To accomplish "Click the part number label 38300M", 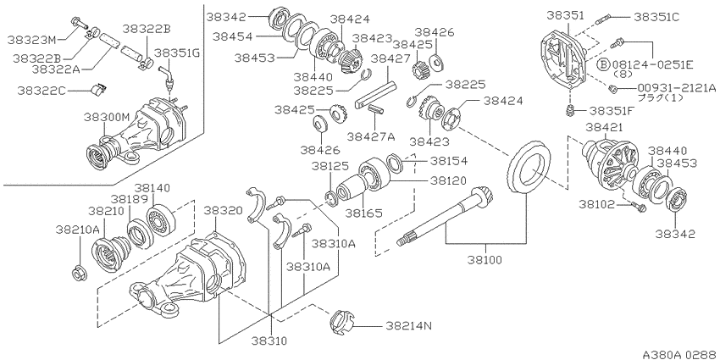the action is pos(107,118).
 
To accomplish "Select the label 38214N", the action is pos(408,326).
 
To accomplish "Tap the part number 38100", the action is pos(485,260).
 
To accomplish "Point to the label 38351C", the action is pos(656,18).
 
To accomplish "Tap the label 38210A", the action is pos(79,230).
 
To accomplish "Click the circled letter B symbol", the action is pos(603,64).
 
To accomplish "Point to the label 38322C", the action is pos(42,91).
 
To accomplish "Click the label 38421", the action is pos(604,128).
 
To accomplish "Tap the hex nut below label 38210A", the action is pos(78,274).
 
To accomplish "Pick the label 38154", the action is pos(448,161).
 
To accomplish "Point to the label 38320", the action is pos(223,211).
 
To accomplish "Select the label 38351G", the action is pos(177,53).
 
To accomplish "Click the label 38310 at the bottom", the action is pos(269,341).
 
